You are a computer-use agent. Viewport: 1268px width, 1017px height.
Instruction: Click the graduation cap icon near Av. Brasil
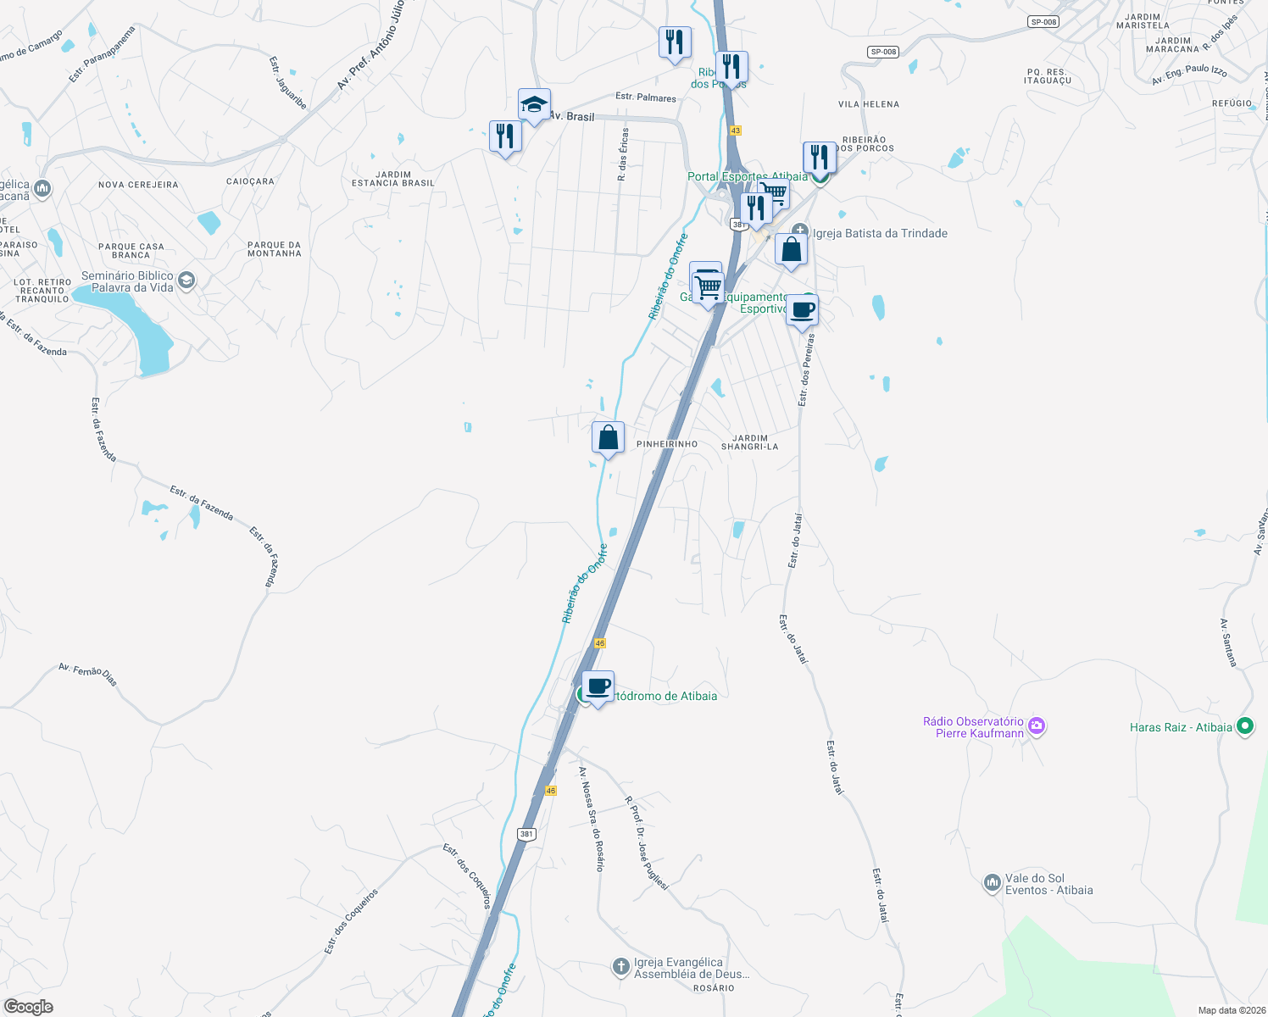pyautogui.click(x=534, y=105)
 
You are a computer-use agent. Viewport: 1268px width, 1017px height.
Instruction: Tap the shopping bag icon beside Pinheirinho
pyautogui.click(x=608, y=438)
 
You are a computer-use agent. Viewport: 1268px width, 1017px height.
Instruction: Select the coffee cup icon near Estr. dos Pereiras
pyautogui.click(x=802, y=310)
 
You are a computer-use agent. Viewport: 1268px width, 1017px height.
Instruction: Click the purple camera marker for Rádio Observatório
pyautogui.click(x=1036, y=726)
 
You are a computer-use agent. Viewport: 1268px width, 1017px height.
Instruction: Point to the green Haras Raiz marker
pyautogui.click(x=1244, y=726)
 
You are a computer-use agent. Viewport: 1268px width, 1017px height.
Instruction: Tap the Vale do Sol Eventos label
pyautogui.click(x=1048, y=884)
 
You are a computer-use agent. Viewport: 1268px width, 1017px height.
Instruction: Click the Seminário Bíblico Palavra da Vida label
pyautogui.click(x=127, y=281)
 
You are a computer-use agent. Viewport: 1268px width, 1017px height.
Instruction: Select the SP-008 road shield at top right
pyautogui.click(x=1043, y=21)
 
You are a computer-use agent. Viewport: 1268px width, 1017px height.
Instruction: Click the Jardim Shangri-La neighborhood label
pyautogui.click(x=749, y=442)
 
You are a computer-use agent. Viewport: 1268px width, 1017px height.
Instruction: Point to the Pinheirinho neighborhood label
pyautogui.click(x=667, y=444)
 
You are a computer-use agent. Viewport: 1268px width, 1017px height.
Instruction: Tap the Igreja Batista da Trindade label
pyautogui.click(x=880, y=233)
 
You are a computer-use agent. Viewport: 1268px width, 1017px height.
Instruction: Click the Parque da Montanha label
pyautogui.click(x=274, y=249)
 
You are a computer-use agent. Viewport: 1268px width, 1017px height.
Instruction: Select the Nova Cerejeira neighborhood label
pyautogui.click(x=138, y=185)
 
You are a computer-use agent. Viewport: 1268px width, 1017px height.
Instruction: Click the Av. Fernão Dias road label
pyautogui.click(x=88, y=674)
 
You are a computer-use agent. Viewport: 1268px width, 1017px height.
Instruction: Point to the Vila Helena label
pyautogui.click(x=868, y=104)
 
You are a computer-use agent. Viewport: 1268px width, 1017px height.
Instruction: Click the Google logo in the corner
pyautogui.click(x=29, y=1007)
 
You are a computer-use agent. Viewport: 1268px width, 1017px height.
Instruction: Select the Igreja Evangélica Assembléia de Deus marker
pyautogui.click(x=621, y=966)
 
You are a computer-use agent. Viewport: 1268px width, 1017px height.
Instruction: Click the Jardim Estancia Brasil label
pyautogui.click(x=393, y=179)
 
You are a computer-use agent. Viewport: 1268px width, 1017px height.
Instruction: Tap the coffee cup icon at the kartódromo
pyautogui.click(x=598, y=686)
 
